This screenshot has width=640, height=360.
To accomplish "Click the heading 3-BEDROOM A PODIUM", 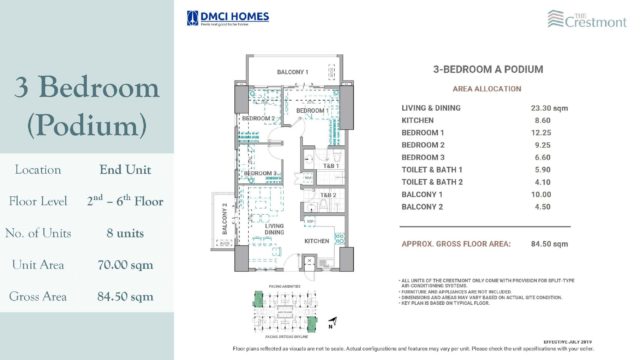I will (x=487, y=70).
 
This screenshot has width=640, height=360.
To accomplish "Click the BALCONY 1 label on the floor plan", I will (x=292, y=72).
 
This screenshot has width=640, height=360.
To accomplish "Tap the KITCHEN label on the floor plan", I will (x=317, y=241).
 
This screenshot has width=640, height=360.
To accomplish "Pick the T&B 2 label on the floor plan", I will (x=328, y=196).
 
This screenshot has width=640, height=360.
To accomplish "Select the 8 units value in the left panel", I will (x=125, y=233).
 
